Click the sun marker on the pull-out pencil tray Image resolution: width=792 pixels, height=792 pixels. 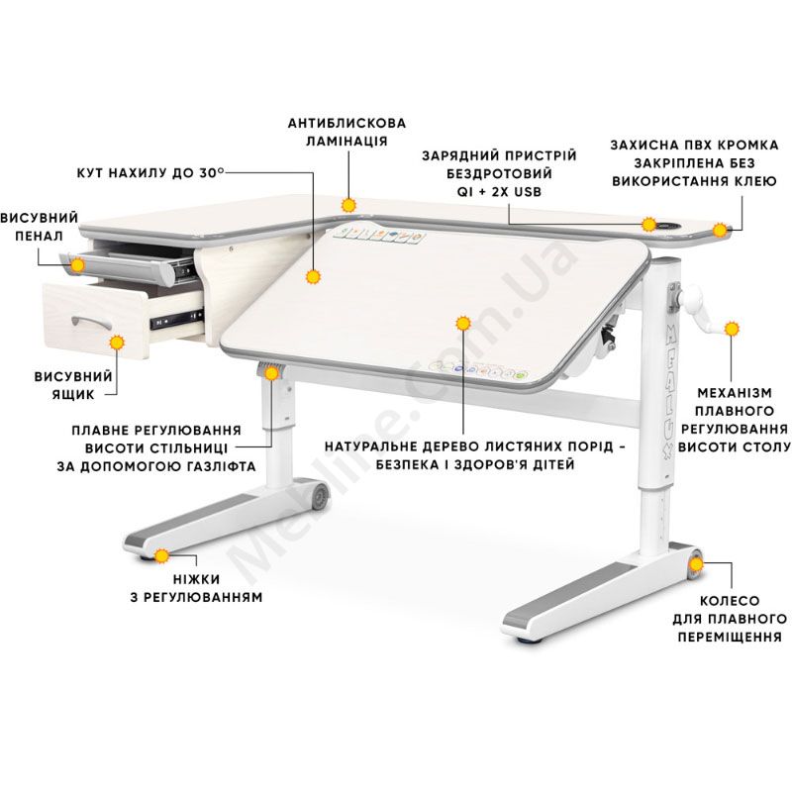tap(77, 264)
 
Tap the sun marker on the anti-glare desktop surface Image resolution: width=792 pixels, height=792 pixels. tap(348, 205)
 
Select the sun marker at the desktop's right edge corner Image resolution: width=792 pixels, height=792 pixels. tap(720, 230)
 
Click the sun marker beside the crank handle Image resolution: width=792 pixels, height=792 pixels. tap(732, 329)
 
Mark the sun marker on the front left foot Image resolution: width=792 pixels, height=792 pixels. tap(161, 556)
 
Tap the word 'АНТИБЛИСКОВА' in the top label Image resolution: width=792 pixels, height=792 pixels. tap(346, 123)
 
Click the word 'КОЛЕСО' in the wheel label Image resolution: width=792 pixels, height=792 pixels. tap(730, 601)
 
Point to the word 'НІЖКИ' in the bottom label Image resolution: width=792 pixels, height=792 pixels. tap(196, 579)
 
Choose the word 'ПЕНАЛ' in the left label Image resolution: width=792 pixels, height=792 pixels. tap(39, 236)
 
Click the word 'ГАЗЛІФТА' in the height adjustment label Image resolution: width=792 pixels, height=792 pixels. tap(219, 466)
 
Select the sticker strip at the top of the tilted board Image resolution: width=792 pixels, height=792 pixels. tap(378, 235)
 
